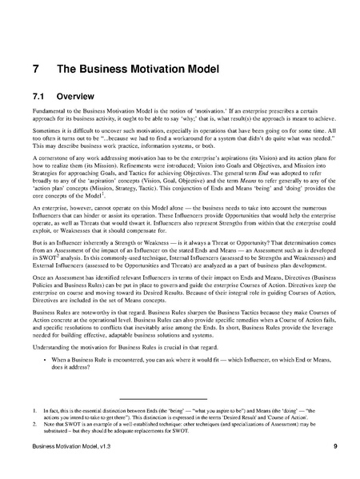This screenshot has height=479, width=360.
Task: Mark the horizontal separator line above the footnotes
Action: coord(162,398)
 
